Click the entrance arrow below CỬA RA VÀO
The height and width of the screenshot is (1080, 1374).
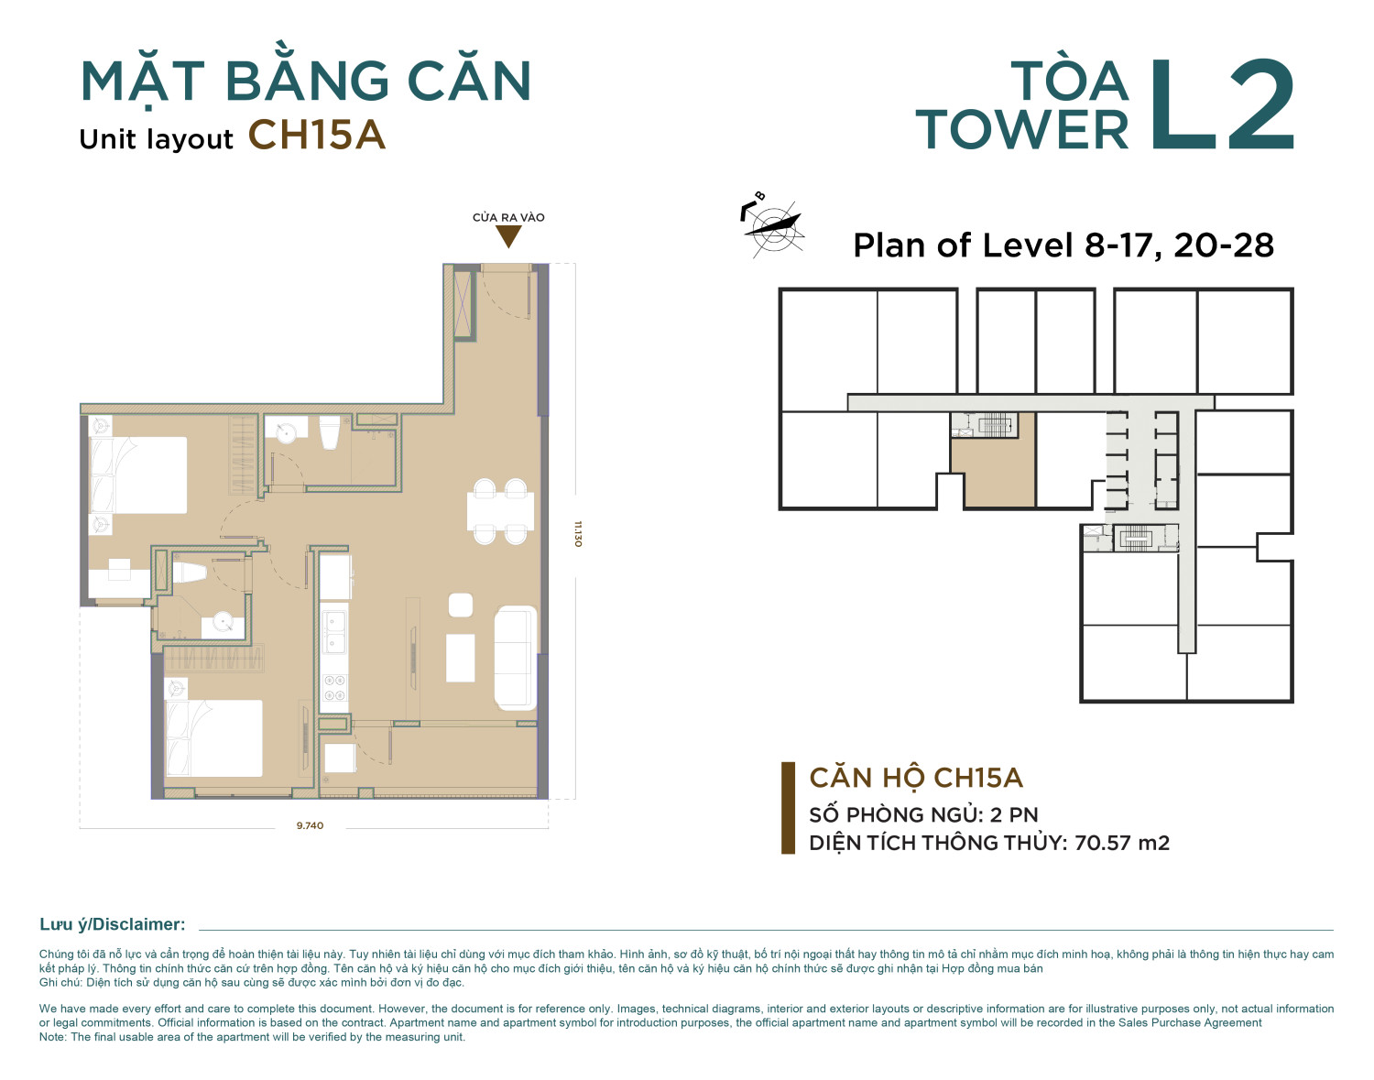[508, 236]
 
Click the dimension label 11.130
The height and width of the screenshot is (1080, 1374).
[578, 534]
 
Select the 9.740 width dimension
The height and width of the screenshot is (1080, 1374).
[310, 825]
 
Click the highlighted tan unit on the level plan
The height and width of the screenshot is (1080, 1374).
[993, 471]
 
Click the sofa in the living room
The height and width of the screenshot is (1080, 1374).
[516, 658]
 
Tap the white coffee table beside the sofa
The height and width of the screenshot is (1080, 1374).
[461, 658]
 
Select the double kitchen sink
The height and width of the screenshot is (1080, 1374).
[334, 632]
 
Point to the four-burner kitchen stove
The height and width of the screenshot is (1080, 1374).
[334, 688]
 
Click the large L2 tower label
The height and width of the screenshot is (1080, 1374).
[1221, 105]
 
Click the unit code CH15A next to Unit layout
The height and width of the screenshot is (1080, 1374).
[316, 136]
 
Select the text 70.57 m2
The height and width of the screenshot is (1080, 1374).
[1122, 843]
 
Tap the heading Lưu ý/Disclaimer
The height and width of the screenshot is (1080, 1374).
[113, 924]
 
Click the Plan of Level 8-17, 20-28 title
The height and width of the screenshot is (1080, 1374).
[1063, 245]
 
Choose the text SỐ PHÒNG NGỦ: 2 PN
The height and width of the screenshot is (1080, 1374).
[923, 814]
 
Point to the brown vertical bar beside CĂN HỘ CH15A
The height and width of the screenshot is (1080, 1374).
[788, 808]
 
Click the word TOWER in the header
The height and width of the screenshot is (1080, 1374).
[1022, 130]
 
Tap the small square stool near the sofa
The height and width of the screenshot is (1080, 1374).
[461, 605]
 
